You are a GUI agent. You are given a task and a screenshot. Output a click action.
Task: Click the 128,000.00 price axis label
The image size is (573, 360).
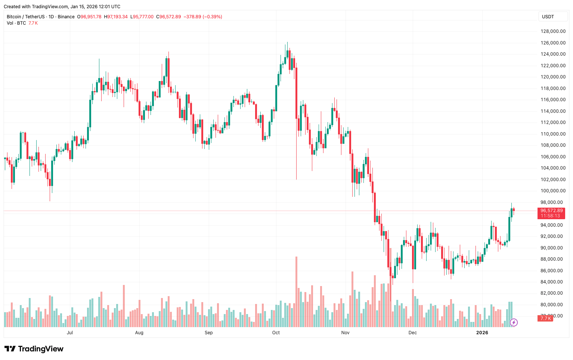[x=553, y=31]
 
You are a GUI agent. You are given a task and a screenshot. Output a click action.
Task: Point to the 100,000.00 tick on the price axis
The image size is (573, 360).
[x=553, y=191]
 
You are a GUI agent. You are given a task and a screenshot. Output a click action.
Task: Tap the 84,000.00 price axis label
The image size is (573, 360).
[x=553, y=282]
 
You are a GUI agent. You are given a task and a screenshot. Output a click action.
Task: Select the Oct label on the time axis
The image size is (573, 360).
[x=276, y=333]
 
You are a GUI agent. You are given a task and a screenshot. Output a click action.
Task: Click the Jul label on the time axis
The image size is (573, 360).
[x=70, y=333]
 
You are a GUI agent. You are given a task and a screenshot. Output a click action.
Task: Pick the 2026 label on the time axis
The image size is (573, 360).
[x=482, y=333]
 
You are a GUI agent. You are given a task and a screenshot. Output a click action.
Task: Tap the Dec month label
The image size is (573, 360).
[x=412, y=333]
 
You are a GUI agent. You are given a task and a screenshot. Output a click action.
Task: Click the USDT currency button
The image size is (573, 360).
[x=548, y=17]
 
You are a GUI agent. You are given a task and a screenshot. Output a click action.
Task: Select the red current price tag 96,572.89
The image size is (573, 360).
[x=551, y=211]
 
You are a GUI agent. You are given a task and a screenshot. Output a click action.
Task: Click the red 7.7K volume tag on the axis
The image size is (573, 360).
[x=546, y=318]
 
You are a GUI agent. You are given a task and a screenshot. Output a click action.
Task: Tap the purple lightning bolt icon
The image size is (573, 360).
[x=514, y=322]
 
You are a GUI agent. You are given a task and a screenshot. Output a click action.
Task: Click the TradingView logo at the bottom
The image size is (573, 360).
[x=34, y=349]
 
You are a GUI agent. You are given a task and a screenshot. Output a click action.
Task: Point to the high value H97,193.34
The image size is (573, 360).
[x=116, y=17]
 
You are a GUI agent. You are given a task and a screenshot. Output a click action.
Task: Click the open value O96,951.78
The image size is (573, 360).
[x=89, y=17]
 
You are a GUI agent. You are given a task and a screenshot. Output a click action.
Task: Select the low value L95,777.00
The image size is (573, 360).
[x=142, y=17]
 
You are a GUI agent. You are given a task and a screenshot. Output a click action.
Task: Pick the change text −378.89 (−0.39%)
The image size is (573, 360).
[x=203, y=17]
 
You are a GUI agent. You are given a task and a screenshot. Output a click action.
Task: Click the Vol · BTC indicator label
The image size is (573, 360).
[x=16, y=23]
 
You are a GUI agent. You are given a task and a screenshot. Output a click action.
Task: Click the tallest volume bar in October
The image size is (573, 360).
[x=296, y=291]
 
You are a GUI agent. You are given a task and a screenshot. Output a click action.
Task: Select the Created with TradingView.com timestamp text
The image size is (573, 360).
[x=62, y=7]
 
